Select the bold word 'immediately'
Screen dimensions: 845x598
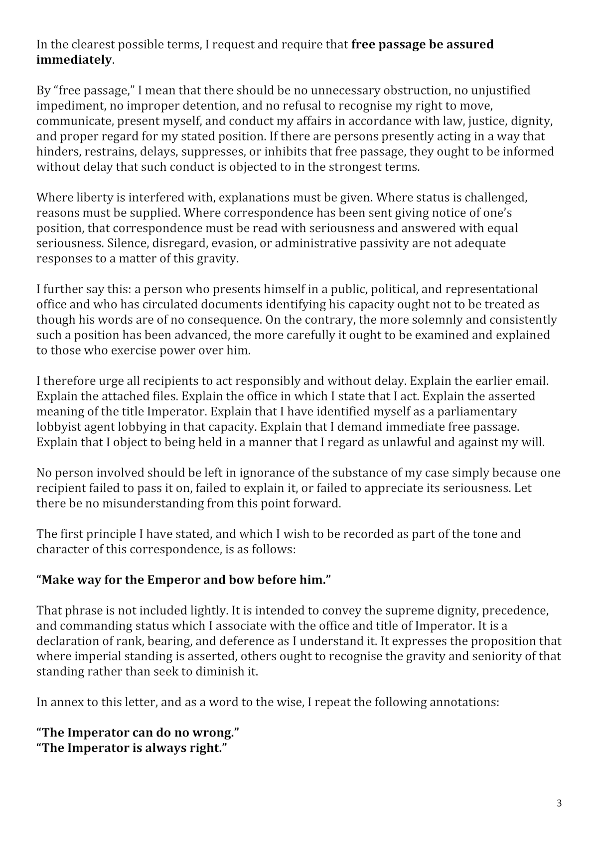click(74, 60)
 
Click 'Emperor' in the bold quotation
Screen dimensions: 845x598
click(175, 580)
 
